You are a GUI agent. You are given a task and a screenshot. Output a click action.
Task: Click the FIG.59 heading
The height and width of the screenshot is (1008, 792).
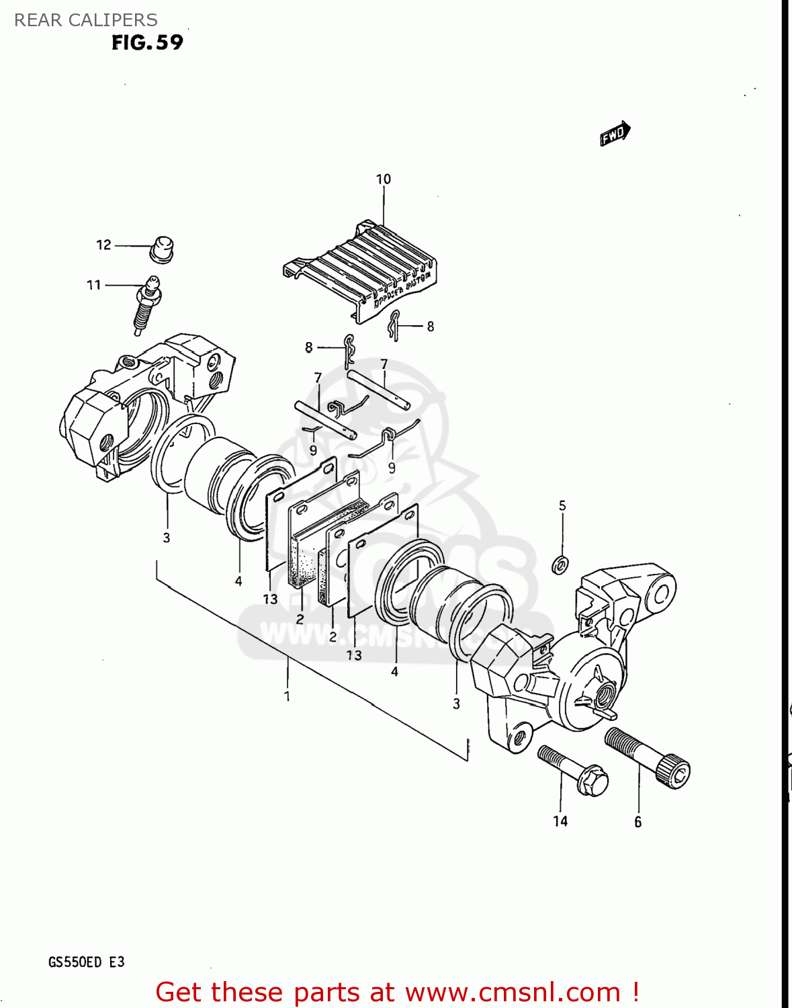point(147,42)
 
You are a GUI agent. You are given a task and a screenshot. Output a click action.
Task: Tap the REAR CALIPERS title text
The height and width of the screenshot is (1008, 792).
point(86,20)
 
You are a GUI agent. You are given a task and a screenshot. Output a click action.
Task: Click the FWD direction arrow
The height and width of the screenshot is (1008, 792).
point(615,133)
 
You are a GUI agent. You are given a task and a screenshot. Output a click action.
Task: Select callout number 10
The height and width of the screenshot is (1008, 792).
point(383,179)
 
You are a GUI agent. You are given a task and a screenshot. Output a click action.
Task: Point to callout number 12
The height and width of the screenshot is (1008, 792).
point(103,245)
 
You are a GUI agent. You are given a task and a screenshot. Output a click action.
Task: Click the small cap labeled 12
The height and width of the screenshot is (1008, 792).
point(161,249)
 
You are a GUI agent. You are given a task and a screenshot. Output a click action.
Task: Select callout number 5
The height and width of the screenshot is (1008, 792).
point(562,505)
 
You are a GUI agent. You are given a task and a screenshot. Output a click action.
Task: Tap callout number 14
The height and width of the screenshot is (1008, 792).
point(560,821)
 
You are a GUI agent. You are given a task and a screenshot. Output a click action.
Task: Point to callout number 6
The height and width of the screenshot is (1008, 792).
point(637,822)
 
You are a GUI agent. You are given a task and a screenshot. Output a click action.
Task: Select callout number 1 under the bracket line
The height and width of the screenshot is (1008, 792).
point(287,696)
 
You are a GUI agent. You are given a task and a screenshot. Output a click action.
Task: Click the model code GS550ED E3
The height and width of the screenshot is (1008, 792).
point(86,962)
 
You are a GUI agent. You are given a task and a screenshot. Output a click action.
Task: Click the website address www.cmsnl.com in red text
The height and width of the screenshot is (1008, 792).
point(513,993)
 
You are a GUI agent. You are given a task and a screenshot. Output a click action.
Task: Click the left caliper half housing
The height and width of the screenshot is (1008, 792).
point(134,403)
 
